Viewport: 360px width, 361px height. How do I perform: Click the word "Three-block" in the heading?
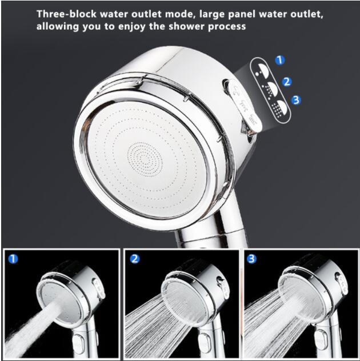click(66, 14)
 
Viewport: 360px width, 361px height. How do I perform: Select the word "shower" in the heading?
click(186, 26)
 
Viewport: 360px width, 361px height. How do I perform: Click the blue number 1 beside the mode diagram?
click(280, 60)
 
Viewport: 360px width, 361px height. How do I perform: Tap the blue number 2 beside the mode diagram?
click(287, 82)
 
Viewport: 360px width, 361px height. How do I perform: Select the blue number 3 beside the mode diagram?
click(296, 100)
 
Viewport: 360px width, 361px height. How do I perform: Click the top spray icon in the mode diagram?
click(263, 70)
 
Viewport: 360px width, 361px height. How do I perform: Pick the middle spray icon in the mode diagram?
click(271, 89)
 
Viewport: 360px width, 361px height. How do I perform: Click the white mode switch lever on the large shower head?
click(245, 106)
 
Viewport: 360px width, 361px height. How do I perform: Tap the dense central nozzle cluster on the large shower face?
click(145, 159)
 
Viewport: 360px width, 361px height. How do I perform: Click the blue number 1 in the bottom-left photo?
click(13, 259)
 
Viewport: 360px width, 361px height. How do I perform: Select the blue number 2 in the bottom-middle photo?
click(134, 259)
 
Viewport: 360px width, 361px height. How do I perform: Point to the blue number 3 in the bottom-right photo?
click(251, 259)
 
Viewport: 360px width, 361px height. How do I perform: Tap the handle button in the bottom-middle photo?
click(205, 343)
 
